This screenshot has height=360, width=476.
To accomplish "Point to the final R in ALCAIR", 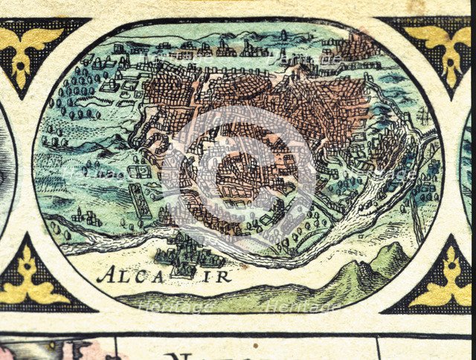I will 224,277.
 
